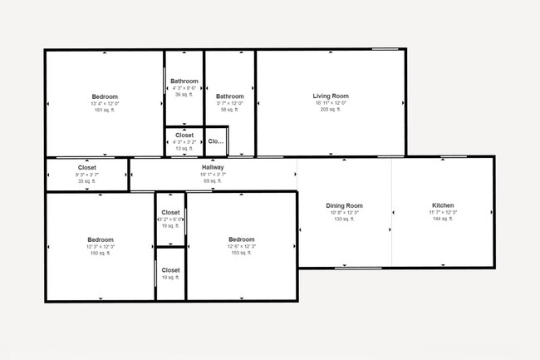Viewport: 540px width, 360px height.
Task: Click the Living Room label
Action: click(x=331, y=96)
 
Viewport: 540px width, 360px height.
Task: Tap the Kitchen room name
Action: click(x=443, y=205)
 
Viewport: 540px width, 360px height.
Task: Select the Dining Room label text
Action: click(x=344, y=205)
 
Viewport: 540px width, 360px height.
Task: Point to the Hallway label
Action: click(x=213, y=167)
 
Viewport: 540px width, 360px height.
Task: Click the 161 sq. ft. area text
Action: click(x=105, y=110)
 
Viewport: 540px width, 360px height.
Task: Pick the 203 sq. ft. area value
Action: click(x=331, y=110)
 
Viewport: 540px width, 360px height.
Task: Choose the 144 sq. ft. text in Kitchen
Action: click(x=443, y=219)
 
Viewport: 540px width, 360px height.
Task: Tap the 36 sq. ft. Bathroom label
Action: click(x=184, y=95)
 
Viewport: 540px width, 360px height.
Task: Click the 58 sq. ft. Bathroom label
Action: click(x=230, y=110)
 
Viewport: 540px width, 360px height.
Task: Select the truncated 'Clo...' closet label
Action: click(x=216, y=141)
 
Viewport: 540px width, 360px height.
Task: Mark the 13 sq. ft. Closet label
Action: click(x=184, y=148)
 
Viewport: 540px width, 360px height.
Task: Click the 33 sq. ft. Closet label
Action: click(x=87, y=180)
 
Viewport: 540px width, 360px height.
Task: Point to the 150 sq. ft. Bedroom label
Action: click(x=101, y=253)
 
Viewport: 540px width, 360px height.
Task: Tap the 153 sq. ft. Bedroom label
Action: click(x=241, y=253)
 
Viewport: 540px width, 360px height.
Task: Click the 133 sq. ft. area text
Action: click(x=344, y=219)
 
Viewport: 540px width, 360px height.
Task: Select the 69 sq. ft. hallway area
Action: click(x=213, y=180)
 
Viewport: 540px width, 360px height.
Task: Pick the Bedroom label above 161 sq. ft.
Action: click(x=105, y=96)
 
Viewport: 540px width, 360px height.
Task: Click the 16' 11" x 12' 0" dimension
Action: click(x=331, y=103)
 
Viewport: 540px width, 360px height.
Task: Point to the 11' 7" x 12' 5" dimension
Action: click(x=443, y=213)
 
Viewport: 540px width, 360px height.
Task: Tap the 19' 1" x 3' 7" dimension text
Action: click(x=213, y=174)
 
